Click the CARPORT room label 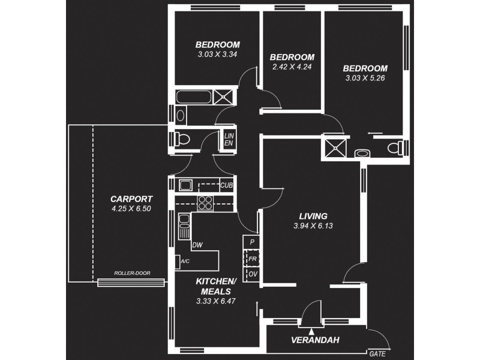pyautogui.click(x=131, y=199)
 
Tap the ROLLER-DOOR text pyautogui.click(x=132, y=274)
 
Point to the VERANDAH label pyautogui.click(x=315, y=340)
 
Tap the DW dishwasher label pyautogui.click(x=197, y=245)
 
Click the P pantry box pyautogui.click(x=253, y=242)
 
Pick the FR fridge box pyautogui.click(x=253, y=258)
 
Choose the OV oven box pyautogui.click(x=253, y=274)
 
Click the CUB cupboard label pyautogui.click(x=226, y=186)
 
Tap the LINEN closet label pyautogui.click(x=229, y=140)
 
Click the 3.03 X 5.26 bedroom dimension pyautogui.click(x=366, y=78)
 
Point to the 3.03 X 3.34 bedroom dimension pyautogui.click(x=218, y=55)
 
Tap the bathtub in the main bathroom pyautogui.click(x=195, y=97)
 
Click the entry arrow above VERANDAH pyautogui.click(x=311, y=331)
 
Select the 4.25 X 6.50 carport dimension pyautogui.click(x=131, y=209)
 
